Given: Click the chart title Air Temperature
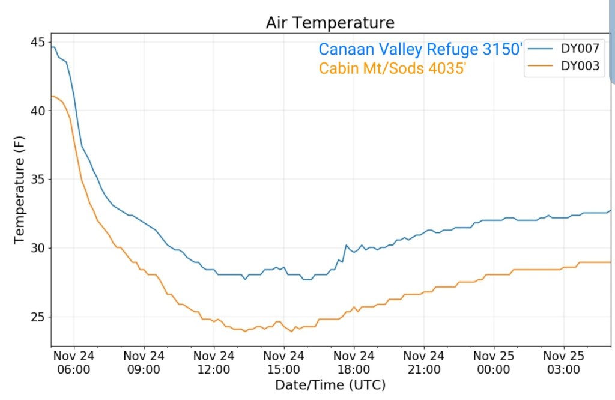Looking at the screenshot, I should click(330, 23).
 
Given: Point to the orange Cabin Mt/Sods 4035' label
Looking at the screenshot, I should click(393, 68).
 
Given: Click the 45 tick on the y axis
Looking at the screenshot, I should click(37, 42).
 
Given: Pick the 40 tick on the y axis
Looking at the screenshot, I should click(37, 111).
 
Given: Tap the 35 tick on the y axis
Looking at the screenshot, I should click(37, 180).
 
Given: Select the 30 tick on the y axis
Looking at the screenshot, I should click(37, 248).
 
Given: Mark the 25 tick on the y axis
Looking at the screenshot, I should click(37, 317).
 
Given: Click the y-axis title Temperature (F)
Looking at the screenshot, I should click(20, 190).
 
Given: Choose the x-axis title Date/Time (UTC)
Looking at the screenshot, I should click(330, 385).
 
